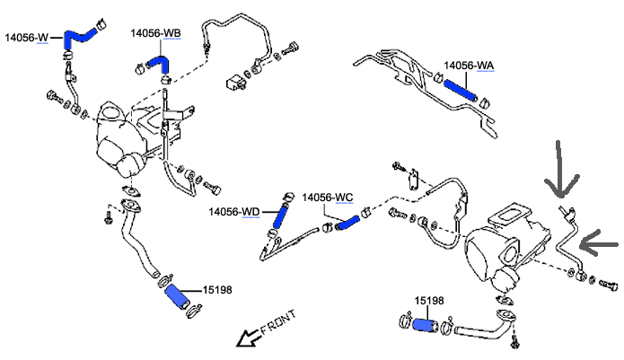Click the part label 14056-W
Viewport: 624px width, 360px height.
coord(27,38)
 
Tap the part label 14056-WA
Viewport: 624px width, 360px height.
coord(470,66)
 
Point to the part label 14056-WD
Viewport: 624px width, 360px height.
coord(234,212)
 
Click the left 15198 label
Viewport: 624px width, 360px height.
coord(217,289)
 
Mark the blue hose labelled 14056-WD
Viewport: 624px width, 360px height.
coord(281,215)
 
